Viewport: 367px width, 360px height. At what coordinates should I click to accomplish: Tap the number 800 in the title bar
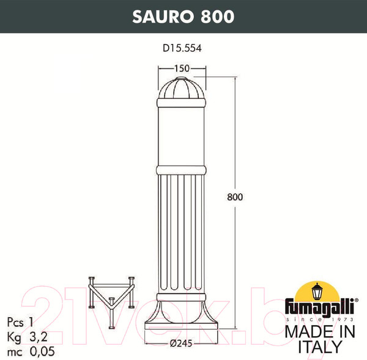coord(215,17)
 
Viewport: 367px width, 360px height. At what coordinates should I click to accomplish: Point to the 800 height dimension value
coord(235,197)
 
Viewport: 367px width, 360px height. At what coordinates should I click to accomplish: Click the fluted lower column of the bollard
coord(181,232)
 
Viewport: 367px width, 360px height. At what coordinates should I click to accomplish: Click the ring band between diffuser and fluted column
coord(181,169)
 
